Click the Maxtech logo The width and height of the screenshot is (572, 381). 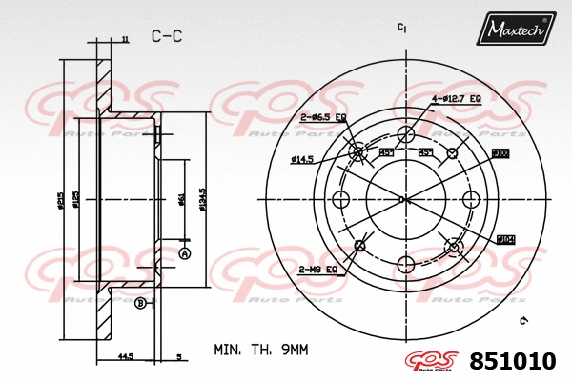click(x=517, y=30)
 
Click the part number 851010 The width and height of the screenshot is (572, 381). click(x=512, y=362)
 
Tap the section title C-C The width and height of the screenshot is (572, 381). click(x=167, y=36)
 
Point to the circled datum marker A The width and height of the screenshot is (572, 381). click(x=185, y=253)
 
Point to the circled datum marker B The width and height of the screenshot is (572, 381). click(x=140, y=303)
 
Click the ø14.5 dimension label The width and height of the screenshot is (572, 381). click(x=302, y=159)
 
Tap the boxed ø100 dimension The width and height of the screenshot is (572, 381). click(x=500, y=153)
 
